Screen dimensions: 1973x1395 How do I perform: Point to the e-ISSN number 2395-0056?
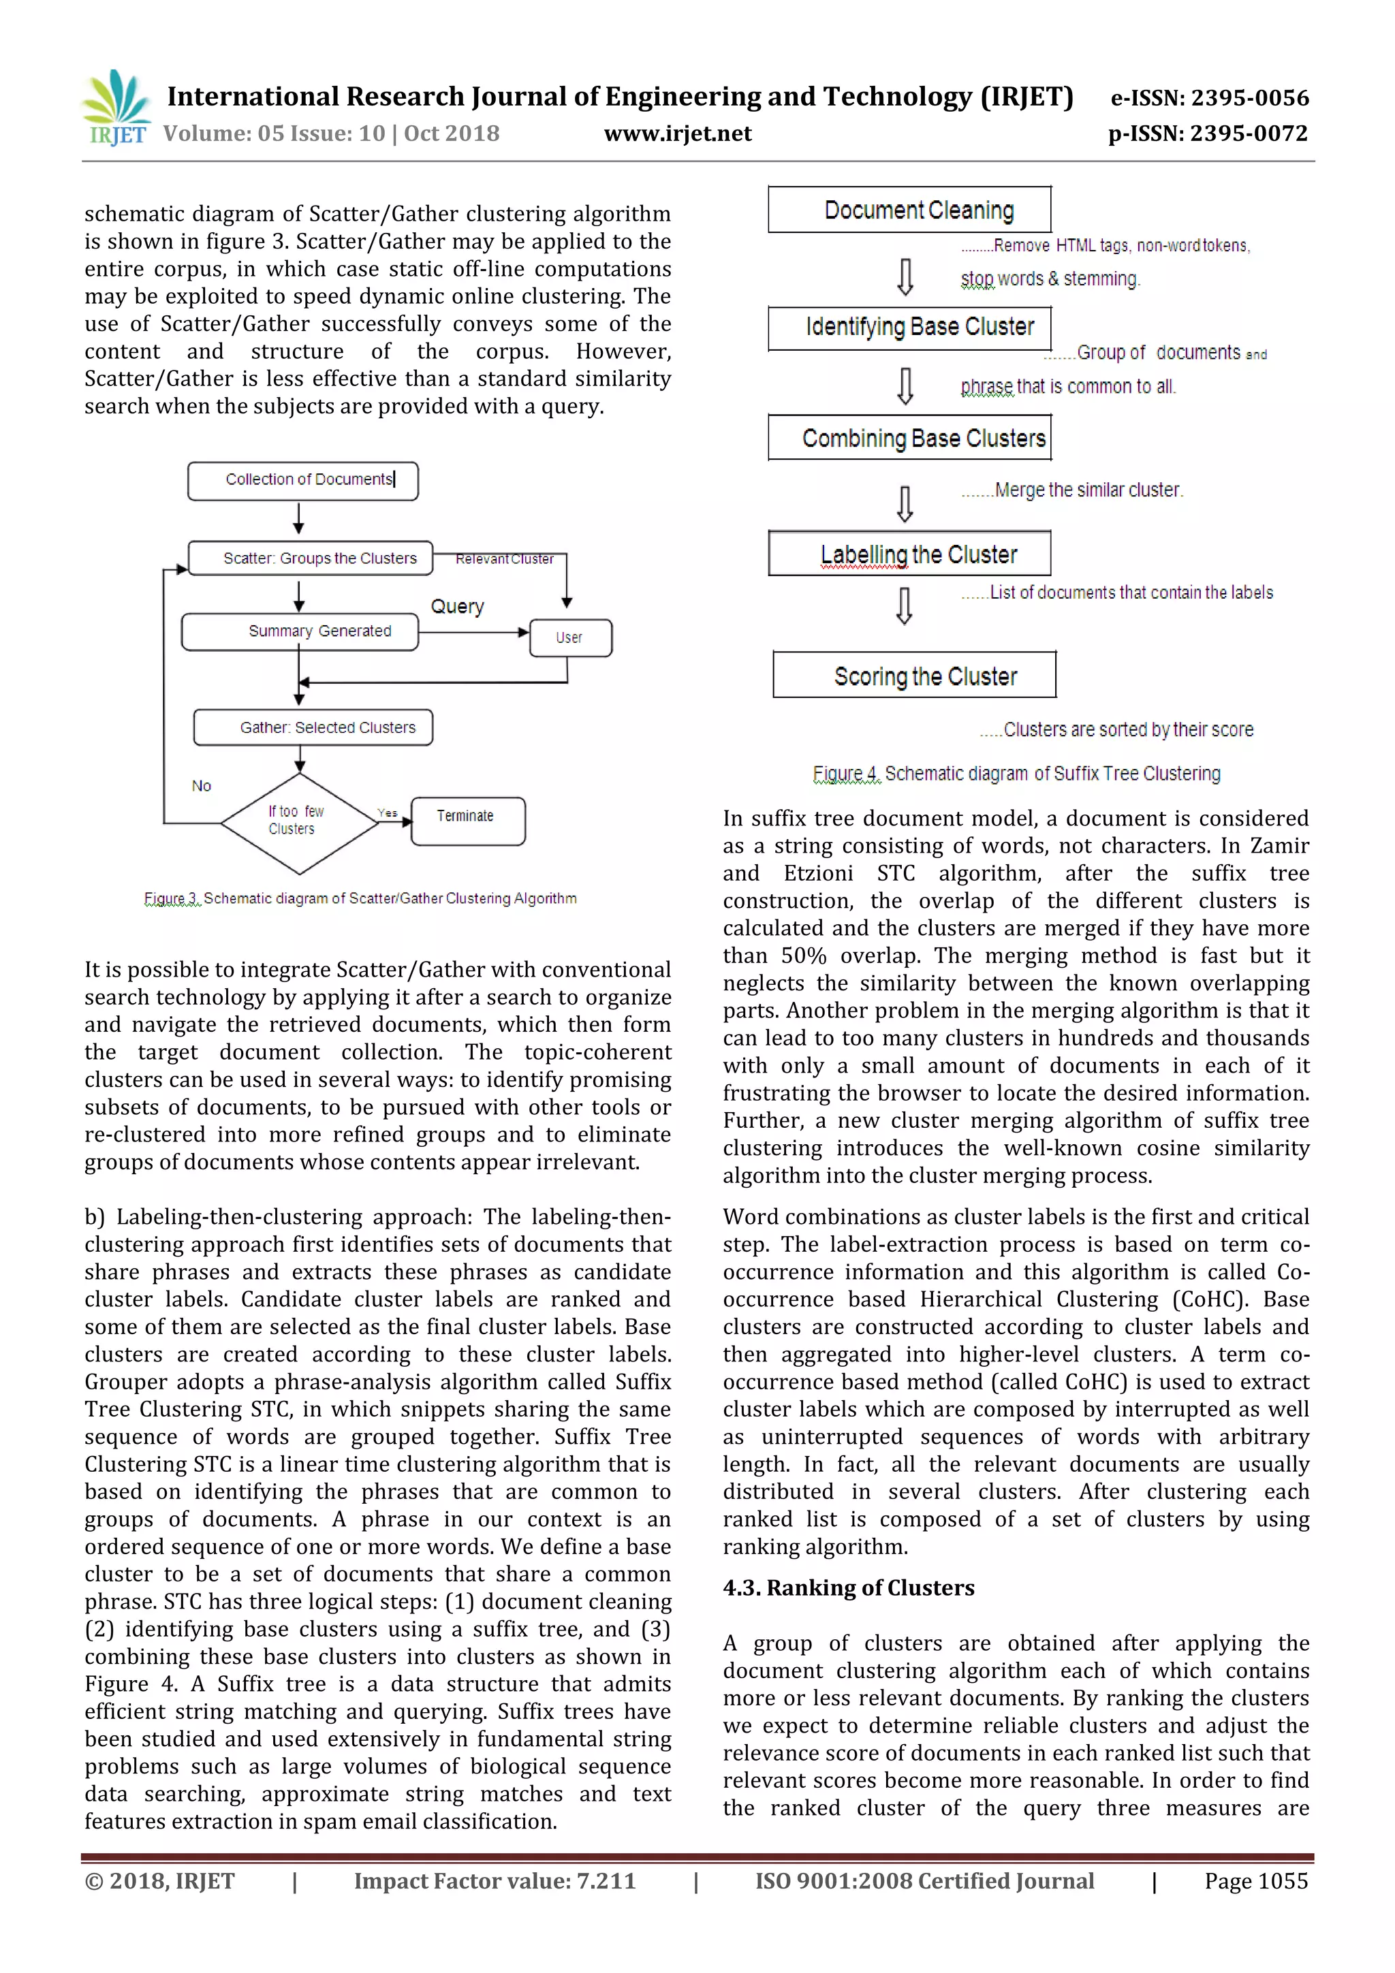1209,98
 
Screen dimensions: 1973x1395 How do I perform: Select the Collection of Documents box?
302,480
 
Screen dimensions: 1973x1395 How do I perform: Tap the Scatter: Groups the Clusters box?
311,558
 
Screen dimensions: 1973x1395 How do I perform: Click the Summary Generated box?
300,631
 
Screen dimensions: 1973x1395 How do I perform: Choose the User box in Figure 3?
570,637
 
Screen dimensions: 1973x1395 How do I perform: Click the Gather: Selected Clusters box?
313,727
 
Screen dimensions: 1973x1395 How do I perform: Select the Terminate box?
467,821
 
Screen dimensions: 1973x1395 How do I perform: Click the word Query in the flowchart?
457,607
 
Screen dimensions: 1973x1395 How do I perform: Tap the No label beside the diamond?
201,785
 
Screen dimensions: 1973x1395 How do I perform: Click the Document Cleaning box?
909,210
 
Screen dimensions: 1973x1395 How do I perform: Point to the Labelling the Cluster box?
909,554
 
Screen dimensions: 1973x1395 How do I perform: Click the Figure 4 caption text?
1016,774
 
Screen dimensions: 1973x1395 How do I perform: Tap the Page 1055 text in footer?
1255,1881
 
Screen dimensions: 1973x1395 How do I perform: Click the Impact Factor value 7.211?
495,1881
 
